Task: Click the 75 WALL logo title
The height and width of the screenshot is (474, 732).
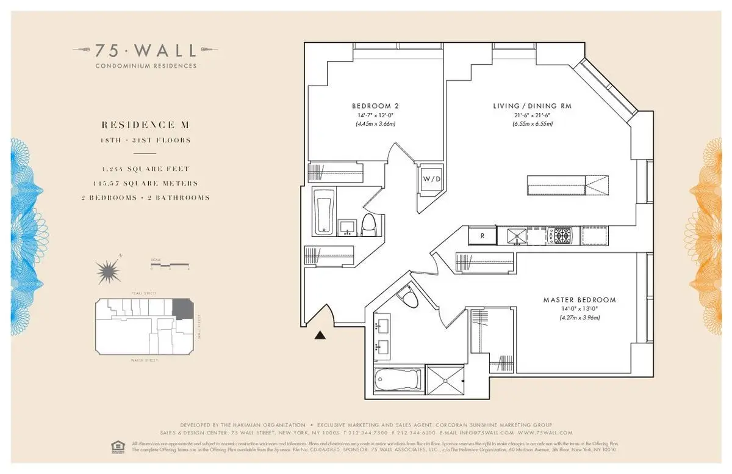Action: click(146, 49)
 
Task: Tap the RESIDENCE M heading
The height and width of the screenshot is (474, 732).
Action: click(146, 125)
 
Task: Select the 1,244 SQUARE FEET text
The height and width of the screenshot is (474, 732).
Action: click(146, 169)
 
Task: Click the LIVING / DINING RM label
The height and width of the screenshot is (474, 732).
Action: click(532, 106)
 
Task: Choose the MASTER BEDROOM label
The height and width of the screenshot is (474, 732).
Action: click(579, 300)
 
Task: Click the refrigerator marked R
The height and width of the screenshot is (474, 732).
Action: click(481, 236)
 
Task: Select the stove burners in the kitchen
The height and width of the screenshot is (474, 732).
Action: click(560, 235)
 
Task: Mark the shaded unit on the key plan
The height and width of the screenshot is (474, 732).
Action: click(181, 308)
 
